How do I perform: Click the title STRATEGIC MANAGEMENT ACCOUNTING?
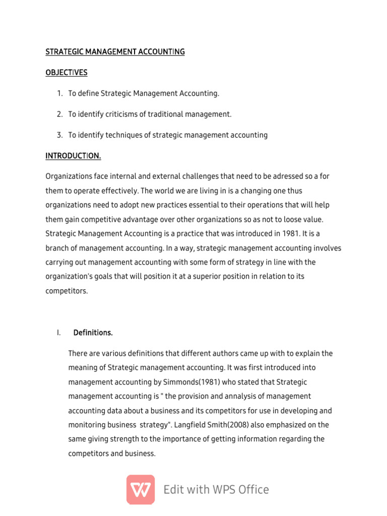(115, 52)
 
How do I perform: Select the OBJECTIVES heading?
(67, 73)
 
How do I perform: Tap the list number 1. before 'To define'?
(59, 93)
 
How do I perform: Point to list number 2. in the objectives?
(59, 114)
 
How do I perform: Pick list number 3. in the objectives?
(59, 135)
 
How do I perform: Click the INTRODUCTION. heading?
(73, 156)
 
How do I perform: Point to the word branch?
(58, 248)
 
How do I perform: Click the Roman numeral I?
(58, 333)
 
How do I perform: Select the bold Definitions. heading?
(93, 333)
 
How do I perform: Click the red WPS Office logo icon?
(141, 489)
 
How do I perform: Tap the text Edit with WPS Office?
(216, 489)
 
